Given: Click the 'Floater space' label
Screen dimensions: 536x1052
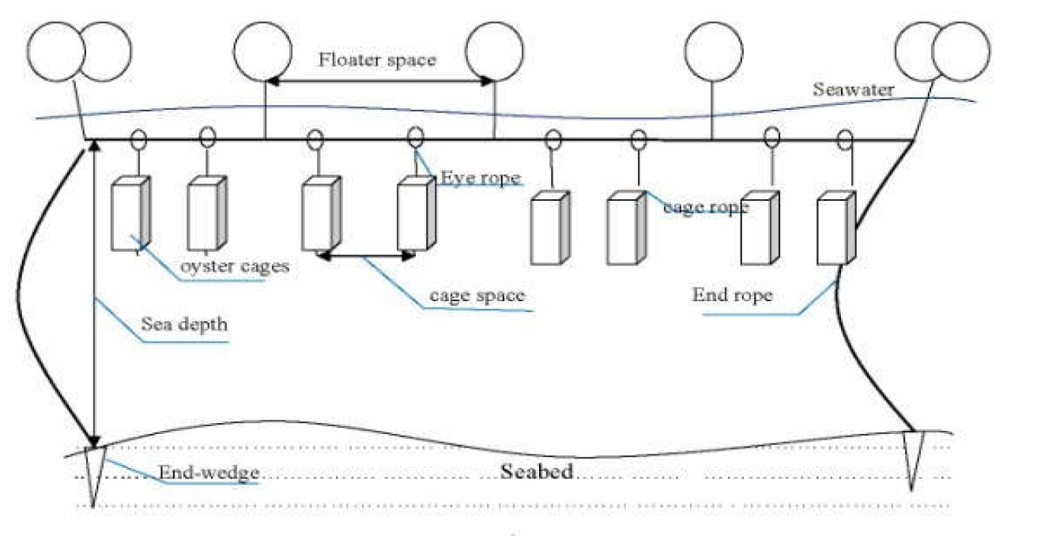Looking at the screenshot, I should click(377, 60).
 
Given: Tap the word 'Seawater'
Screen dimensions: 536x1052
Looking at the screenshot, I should click(854, 89).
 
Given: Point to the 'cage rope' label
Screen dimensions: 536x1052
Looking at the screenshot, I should click(706, 207).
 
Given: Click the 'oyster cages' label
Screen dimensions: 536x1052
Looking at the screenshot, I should click(235, 266).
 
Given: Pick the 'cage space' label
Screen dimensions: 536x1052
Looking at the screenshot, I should click(477, 296).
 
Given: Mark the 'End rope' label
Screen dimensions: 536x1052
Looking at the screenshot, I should click(732, 296).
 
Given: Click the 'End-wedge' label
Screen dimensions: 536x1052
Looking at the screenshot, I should click(209, 474).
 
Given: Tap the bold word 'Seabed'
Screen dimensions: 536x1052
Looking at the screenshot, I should click(536, 472).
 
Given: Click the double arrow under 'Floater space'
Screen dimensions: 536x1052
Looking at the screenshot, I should click(379, 81).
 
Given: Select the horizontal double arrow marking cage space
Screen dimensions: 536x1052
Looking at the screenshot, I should click(367, 255).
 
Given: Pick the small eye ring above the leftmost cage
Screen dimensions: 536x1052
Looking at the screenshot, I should click(138, 140).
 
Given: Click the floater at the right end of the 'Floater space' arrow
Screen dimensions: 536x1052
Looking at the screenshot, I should click(494, 52).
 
